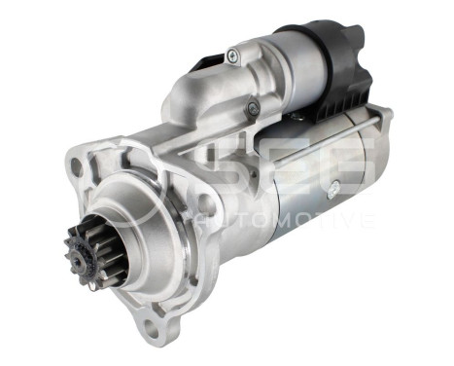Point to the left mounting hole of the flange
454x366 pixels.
(x=76, y=166)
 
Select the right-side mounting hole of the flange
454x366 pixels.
(x=205, y=204)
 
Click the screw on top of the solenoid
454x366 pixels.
(x=232, y=56)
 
